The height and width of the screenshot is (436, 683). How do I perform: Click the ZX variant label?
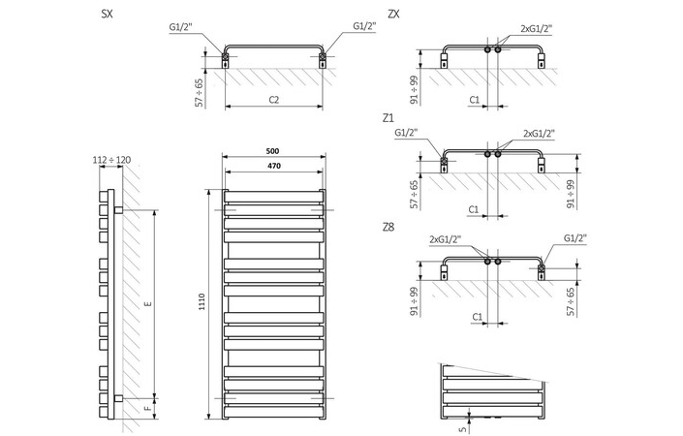point(392,15)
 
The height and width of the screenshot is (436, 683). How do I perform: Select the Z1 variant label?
point(388,118)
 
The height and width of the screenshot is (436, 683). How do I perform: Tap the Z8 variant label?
point(388,227)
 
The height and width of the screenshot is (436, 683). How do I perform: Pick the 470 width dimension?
point(274,167)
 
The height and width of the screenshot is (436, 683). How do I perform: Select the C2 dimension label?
point(273,100)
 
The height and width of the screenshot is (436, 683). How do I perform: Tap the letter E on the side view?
point(147,304)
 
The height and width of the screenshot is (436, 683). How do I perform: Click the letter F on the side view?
point(147,410)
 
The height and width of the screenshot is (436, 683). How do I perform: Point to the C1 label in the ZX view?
point(475,100)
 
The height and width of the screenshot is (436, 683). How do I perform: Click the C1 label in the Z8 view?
point(477,316)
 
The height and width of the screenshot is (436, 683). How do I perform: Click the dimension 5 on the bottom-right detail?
point(460,419)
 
